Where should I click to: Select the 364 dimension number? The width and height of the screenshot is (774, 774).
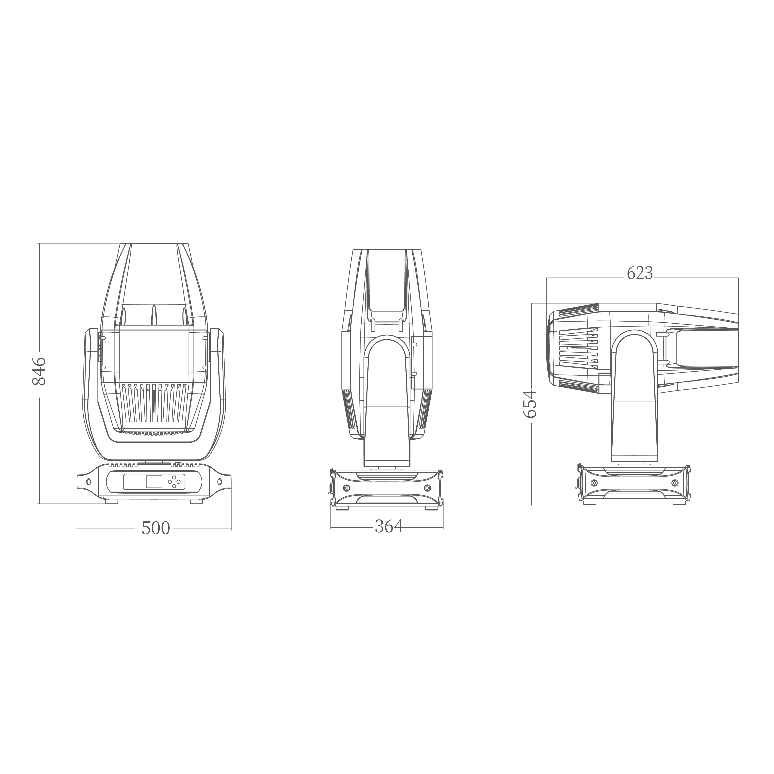click(x=389, y=526)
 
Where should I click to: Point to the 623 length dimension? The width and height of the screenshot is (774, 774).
click(x=640, y=273)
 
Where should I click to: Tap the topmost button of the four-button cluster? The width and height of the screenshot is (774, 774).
click(x=174, y=478)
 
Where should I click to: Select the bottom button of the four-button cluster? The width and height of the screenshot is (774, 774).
click(x=174, y=486)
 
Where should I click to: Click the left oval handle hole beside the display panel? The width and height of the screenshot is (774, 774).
click(x=88, y=482)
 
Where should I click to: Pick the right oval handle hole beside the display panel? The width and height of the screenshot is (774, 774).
click(x=219, y=482)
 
